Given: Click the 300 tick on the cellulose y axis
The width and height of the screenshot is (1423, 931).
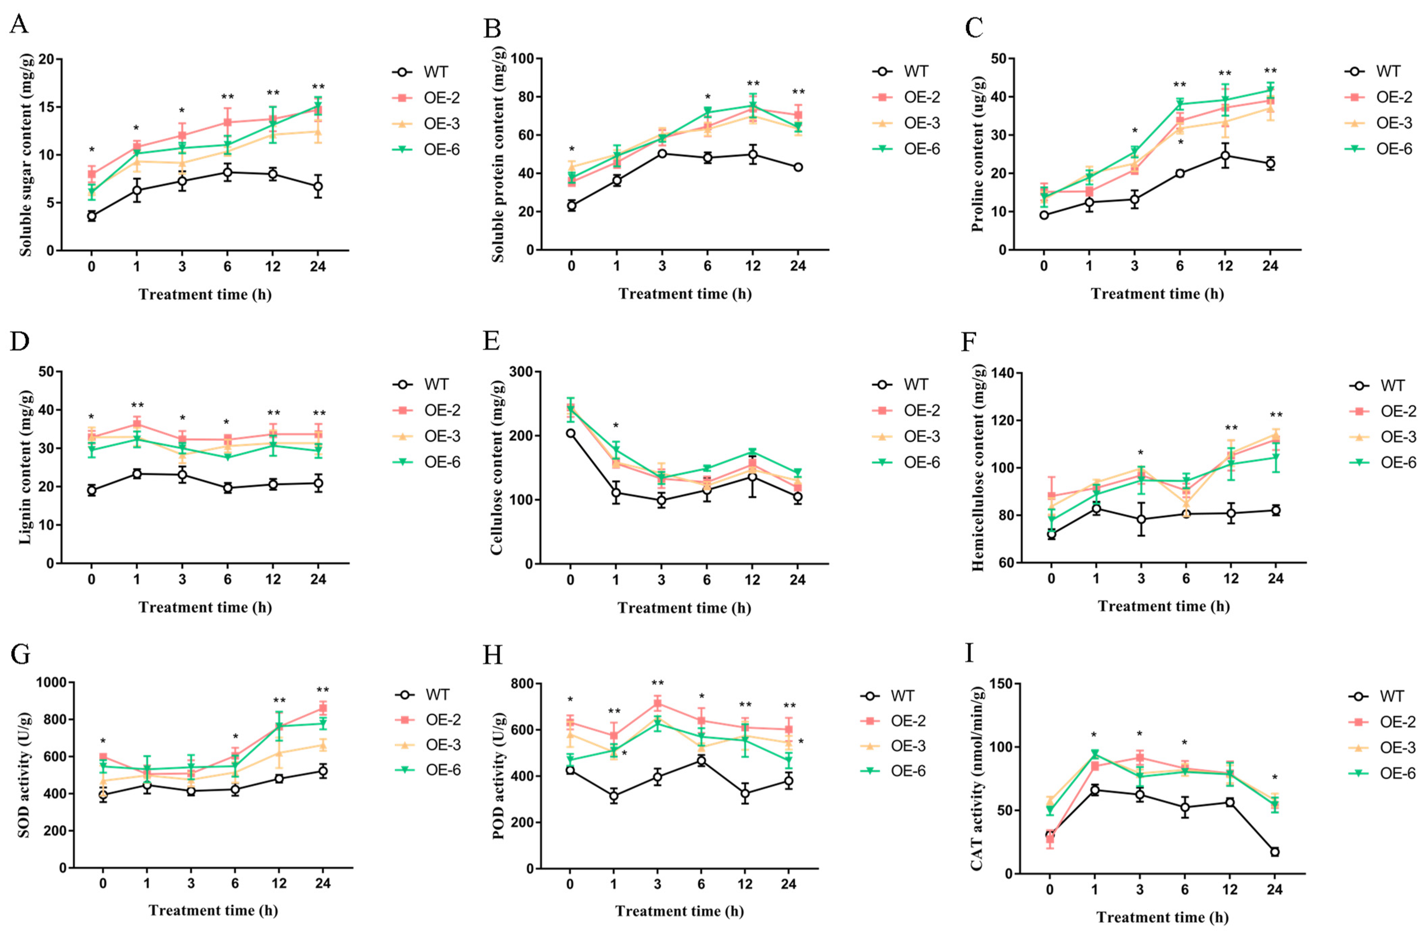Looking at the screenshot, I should [x=521, y=372].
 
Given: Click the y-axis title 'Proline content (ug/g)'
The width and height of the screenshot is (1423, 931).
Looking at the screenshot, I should [x=978, y=154].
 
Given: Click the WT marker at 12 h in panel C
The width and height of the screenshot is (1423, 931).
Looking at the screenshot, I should [x=1225, y=156].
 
